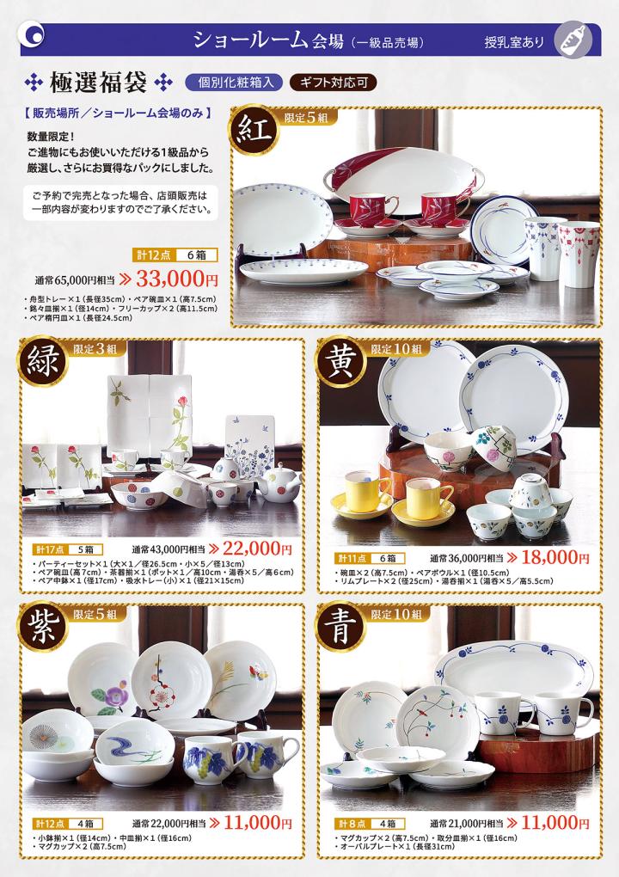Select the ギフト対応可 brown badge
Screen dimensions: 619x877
pyautogui.click(x=334, y=83)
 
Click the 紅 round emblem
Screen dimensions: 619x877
pyautogui.click(x=254, y=131)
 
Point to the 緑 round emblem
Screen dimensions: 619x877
pyautogui.click(x=42, y=361)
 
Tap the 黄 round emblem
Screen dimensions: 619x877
pyautogui.click(x=340, y=361)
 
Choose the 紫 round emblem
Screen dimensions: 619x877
pyautogui.click(x=42, y=627)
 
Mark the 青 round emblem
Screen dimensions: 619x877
pyautogui.click(x=340, y=627)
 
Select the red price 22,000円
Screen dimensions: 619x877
pyautogui.click(x=257, y=549)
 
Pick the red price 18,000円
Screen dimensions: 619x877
pyautogui.click(x=555, y=558)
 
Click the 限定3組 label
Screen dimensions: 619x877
pyautogui.click(x=95, y=348)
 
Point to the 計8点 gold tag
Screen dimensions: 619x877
pyautogui.click(x=352, y=824)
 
